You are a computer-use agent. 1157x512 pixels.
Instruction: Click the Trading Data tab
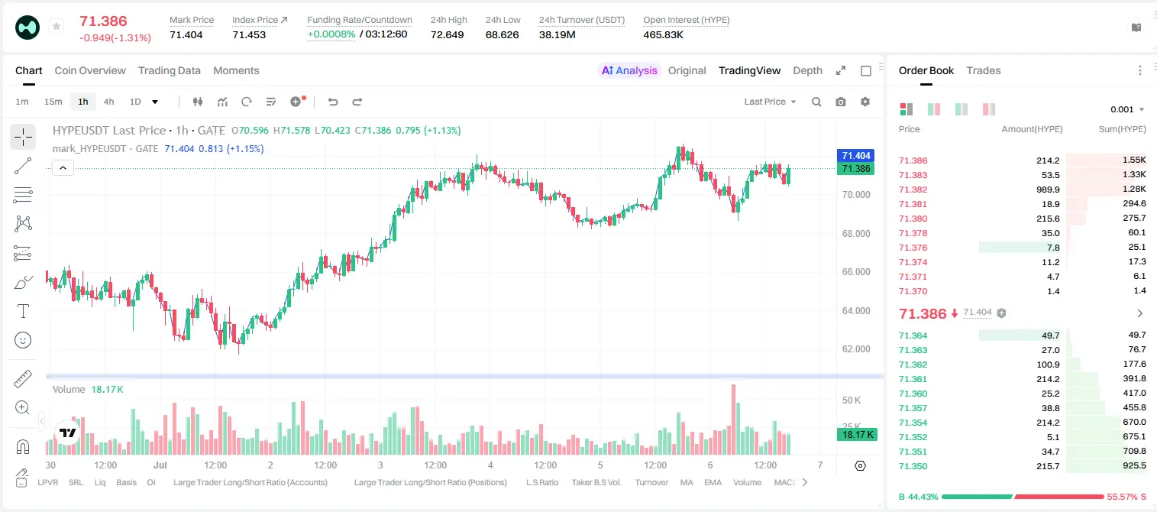[169, 70]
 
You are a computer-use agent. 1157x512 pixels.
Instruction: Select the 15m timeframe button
[53, 102]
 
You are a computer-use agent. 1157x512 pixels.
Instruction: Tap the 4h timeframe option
[108, 102]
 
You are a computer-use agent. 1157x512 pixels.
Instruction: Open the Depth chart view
[807, 70]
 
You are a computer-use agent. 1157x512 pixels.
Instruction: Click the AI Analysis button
[629, 70]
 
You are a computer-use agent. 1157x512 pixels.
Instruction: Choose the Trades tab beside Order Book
[984, 70]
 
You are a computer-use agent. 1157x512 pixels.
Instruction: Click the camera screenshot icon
[841, 102]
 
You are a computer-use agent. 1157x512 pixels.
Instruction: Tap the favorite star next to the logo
[57, 26]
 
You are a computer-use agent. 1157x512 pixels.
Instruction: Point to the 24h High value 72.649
[448, 34]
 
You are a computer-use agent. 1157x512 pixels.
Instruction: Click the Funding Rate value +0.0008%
[331, 34]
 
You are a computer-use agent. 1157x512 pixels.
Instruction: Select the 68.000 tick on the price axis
[856, 234]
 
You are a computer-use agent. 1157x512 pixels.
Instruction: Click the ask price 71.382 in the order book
[913, 190]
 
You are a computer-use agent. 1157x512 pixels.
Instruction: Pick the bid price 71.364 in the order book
[913, 335]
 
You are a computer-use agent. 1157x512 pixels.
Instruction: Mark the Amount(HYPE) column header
[1032, 129]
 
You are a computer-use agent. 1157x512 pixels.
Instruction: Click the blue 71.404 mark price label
[855, 156]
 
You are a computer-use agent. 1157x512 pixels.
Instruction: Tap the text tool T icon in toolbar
[23, 312]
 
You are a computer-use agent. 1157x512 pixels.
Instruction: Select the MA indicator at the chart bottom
[687, 482]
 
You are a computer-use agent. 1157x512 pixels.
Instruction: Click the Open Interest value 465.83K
[663, 34]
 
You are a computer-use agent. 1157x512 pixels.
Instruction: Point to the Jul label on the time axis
[160, 465]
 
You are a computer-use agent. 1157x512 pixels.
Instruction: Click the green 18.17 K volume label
[857, 435]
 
